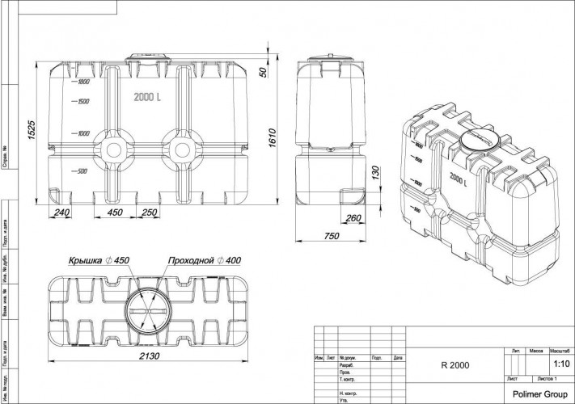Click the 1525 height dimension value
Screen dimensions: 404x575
[32, 130]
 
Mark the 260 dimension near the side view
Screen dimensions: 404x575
[353, 217]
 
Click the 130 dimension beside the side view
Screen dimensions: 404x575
[374, 173]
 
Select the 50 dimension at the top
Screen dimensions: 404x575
[263, 72]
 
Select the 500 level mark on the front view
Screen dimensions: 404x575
[81, 171]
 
